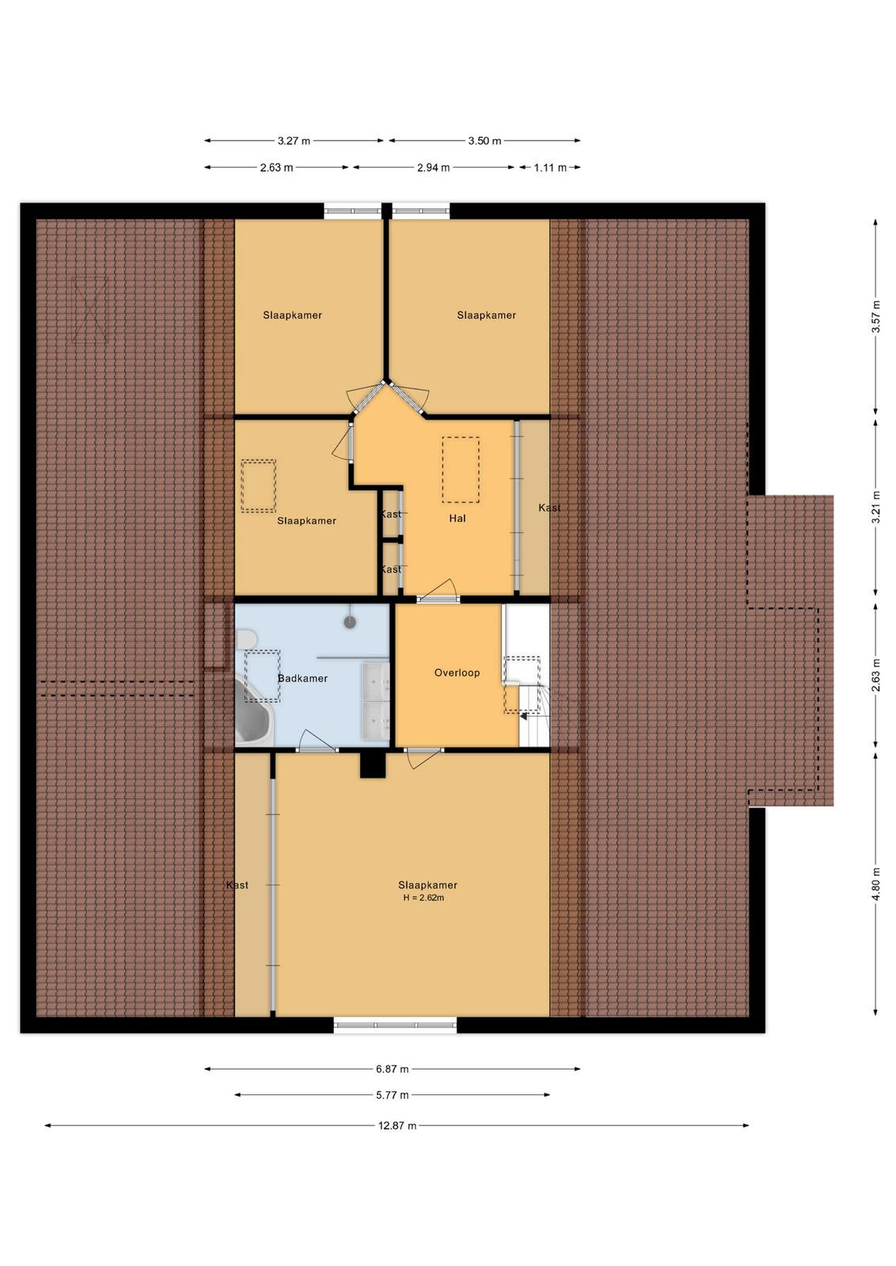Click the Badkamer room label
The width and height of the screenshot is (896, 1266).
click(x=302, y=678)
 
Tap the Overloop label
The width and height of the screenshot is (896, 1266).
click(x=457, y=673)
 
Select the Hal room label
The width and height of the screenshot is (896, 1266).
click(x=457, y=517)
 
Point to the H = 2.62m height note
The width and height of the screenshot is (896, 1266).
click(x=423, y=897)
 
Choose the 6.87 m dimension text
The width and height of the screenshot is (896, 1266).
click(x=393, y=1069)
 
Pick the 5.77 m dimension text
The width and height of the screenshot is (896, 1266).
click(x=393, y=1095)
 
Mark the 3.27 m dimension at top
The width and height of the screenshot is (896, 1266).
click(x=294, y=141)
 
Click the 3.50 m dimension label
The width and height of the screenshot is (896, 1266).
click(x=484, y=141)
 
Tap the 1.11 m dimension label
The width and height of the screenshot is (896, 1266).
click(x=550, y=167)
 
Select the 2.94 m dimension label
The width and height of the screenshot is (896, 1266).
click(x=434, y=167)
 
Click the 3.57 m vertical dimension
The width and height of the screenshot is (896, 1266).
click(x=875, y=316)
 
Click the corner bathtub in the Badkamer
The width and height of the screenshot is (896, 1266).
click(x=253, y=711)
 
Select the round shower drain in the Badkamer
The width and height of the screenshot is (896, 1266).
click(x=351, y=622)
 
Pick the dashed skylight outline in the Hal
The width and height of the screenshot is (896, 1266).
click(x=461, y=470)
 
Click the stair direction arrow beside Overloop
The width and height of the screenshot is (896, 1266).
click(x=524, y=716)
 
